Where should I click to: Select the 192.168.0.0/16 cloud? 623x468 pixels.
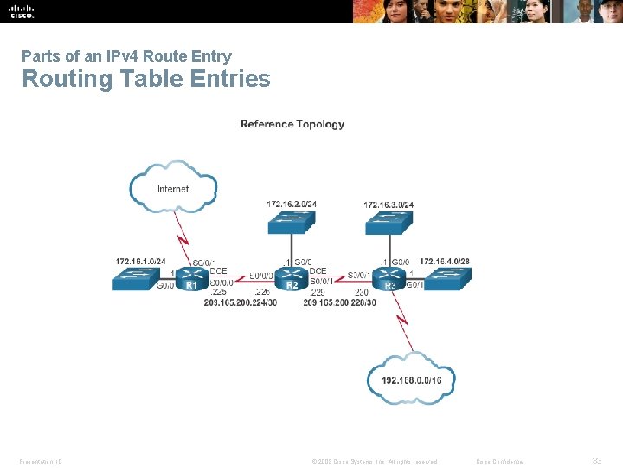click(411, 380)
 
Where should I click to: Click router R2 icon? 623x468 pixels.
click(292, 279)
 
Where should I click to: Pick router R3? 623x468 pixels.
click(391, 279)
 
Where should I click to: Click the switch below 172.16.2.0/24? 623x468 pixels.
click(292, 224)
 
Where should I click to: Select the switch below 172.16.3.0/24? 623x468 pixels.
click(389, 224)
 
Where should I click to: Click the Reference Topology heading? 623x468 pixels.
click(292, 124)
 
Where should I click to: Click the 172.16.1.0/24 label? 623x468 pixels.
click(140, 261)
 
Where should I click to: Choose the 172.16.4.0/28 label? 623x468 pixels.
click(445, 261)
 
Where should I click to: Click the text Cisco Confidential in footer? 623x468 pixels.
click(506, 461)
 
